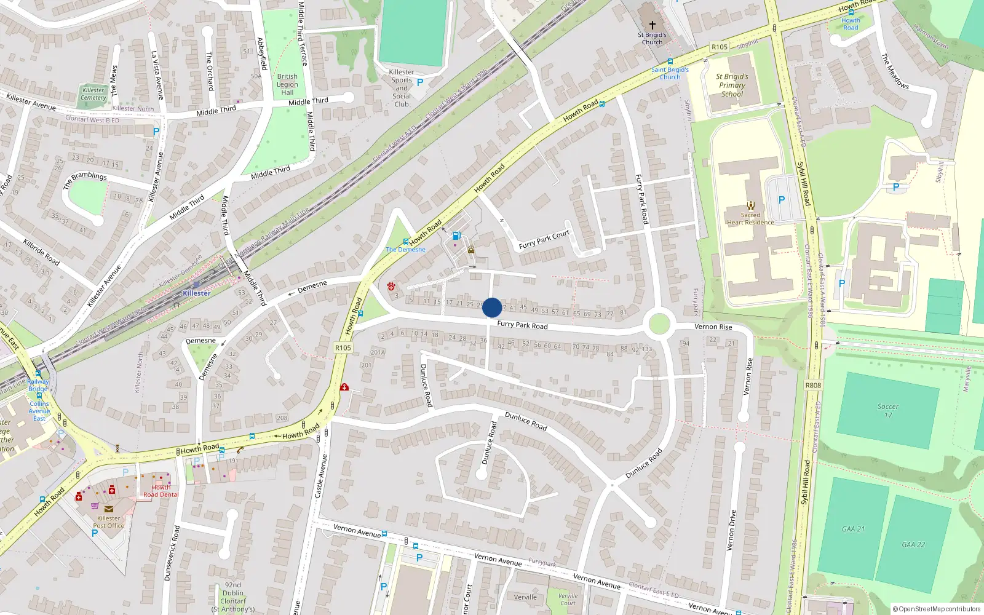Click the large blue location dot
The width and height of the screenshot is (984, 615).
coord(492,307)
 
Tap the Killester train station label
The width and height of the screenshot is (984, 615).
coord(197,293)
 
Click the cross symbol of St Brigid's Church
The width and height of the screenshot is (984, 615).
coord(653,25)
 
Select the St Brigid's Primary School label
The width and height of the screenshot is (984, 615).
coord(732,85)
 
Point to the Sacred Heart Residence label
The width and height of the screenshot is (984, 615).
coord(750,219)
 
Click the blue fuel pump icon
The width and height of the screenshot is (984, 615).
coord(456,236)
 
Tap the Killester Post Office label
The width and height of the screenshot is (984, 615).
coord(109,522)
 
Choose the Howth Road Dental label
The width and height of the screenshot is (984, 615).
coord(161,491)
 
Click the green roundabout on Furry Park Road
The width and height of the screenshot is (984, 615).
coord(659,323)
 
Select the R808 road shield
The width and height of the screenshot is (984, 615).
coord(813,385)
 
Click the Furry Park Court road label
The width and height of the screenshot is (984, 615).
coord(544,240)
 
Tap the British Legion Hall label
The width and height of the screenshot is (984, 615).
coord(287,84)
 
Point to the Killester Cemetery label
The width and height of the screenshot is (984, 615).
coord(93,93)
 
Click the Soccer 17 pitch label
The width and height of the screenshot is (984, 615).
coord(887,410)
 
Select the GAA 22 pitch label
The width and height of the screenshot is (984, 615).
coord(913,544)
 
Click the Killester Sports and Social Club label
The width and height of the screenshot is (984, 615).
coord(402,88)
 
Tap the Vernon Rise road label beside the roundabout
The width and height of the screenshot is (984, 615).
coord(713,327)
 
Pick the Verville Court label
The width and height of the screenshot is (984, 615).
coord(568,599)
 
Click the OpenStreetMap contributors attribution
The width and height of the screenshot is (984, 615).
coord(937,609)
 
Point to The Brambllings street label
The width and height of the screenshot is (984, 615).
coord(85,180)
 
